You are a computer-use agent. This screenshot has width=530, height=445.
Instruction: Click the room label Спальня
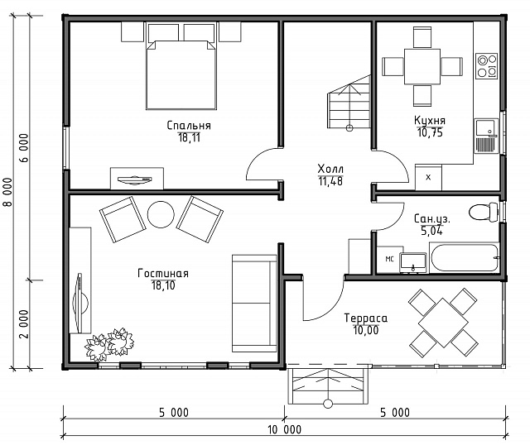click(189, 126)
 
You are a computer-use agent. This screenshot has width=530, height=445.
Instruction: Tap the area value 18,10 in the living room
click(163, 285)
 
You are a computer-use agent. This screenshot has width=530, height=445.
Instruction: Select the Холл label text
click(330, 169)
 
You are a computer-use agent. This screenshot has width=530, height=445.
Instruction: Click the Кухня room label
click(430, 120)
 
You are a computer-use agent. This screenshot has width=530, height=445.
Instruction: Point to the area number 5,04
click(431, 231)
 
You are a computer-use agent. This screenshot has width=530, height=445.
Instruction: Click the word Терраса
click(366, 318)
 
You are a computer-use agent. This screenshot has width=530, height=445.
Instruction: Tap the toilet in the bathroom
click(484, 212)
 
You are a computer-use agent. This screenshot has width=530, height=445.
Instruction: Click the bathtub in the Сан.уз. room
click(465, 257)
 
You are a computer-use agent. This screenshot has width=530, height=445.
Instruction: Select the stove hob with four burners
click(487, 66)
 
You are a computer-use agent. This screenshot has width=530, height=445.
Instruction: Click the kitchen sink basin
click(485, 128)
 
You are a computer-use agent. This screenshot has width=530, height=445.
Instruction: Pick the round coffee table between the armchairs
click(161, 215)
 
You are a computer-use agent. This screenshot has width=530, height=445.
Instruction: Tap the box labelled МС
click(390, 259)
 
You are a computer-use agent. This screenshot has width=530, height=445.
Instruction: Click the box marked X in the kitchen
click(428, 177)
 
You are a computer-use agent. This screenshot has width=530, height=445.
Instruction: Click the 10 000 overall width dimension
click(284, 429)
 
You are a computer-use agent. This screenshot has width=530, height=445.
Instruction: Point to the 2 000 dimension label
click(24, 323)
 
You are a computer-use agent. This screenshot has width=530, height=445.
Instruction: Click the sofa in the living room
click(254, 304)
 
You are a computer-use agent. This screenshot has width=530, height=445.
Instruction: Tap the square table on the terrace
click(443, 323)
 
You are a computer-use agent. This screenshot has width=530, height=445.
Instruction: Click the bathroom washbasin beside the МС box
click(413, 263)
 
